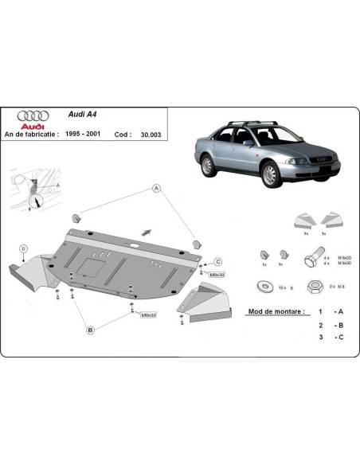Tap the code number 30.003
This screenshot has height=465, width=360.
point(149,136)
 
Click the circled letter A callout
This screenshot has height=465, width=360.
point(157,188)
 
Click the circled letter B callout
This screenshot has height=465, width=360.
point(91,329)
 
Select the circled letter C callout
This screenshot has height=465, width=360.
point(217,262)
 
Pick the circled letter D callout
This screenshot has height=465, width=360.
point(23,248)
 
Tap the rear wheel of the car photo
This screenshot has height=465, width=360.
point(208,165)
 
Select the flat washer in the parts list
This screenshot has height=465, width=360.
point(262,287)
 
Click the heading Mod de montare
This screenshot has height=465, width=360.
point(276,313)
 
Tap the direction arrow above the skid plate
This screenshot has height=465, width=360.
point(146,231)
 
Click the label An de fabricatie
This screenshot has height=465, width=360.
point(33,136)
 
